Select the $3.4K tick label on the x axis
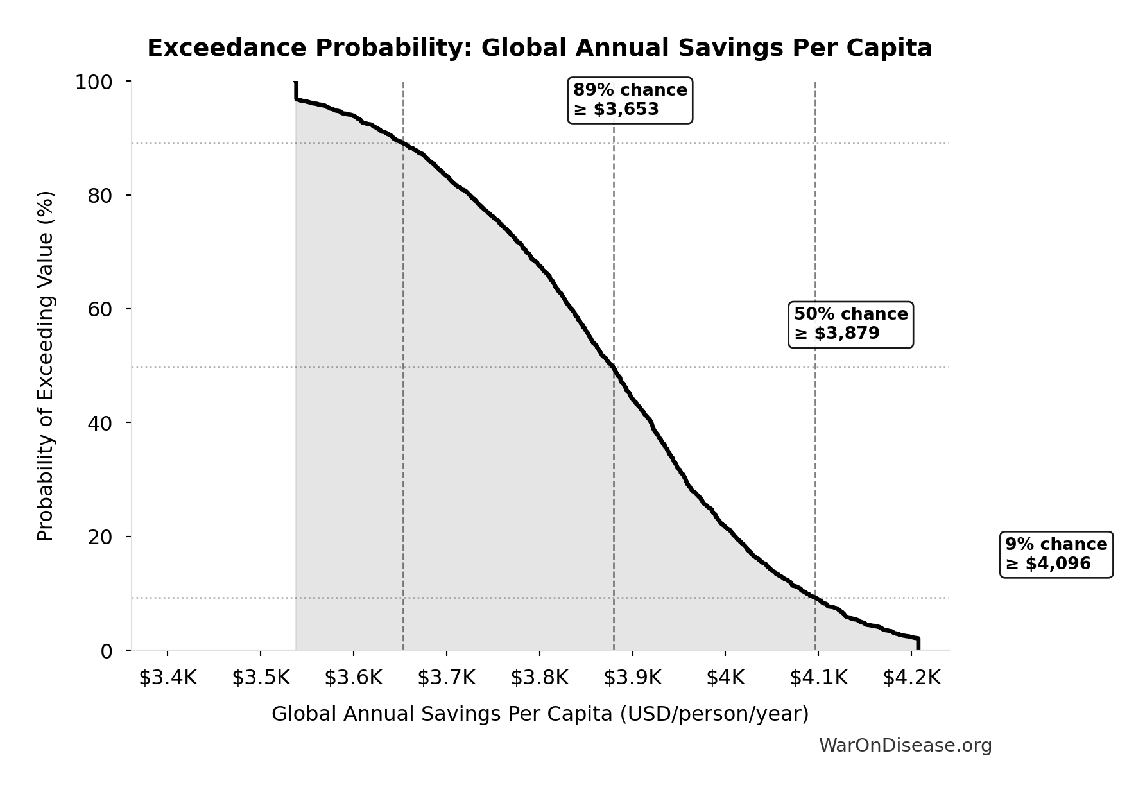(x=168, y=678)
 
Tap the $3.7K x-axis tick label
(x=447, y=678)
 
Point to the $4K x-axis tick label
(x=725, y=678)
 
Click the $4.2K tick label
(x=911, y=678)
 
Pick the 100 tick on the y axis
(x=94, y=82)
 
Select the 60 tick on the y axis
(x=100, y=309)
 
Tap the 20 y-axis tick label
(x=100, y=537)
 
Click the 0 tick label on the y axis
(x=107, y=651)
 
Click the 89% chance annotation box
(x=630, y=100)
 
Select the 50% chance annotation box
(x=850, y=324)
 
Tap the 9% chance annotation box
(x=1056, y=555)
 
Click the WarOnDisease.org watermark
(x=905, y=745)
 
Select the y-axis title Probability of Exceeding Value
(x=46, y=366)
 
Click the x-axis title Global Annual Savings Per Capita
(x=540, y=714)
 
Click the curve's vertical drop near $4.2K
(x=918, y=643)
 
